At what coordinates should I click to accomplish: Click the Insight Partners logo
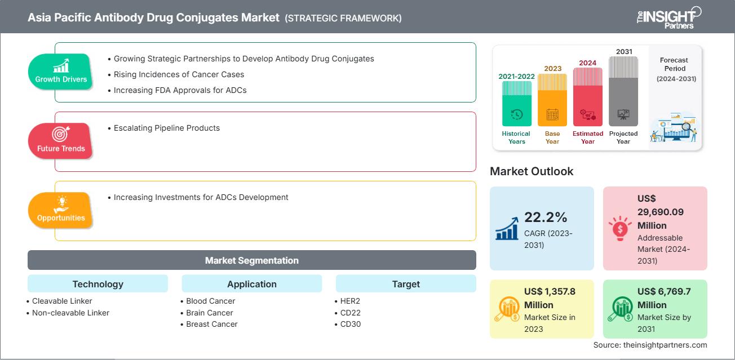pos(668,17)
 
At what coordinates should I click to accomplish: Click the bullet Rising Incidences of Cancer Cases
pos(179,74)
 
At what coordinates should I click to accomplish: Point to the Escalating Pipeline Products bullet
pos(166,128)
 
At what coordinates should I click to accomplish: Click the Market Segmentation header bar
pos(252,260)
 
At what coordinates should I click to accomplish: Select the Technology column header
pos(98,284)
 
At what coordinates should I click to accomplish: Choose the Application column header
pos(252,284)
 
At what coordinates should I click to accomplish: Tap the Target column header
pos(406,284)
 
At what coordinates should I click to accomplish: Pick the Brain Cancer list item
pos(209,313)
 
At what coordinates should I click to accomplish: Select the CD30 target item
pos(350,324)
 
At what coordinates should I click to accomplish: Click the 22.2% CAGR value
pos(546,217)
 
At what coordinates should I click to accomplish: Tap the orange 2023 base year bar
pos(552,100)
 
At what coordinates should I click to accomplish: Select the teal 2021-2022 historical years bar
pos(516,104)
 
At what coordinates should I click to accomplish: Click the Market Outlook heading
pos(532,171)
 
